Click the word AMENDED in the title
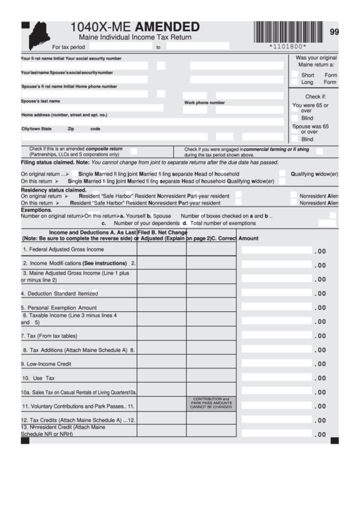pos(168,27)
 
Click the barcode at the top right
pos(287,31)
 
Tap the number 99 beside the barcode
pos(334,32)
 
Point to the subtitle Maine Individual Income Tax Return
pos(135,37)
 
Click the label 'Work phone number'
pos(204,103)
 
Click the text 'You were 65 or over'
pos(310,108)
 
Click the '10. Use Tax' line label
pos(38,378)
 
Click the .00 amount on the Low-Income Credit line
pos(320,364)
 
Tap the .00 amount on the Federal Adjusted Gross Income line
pos(320,251)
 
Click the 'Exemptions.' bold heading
pos(36,210)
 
